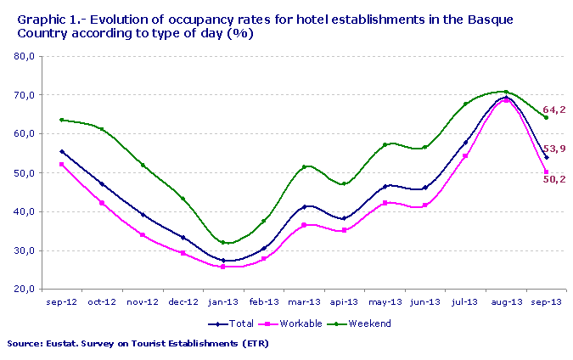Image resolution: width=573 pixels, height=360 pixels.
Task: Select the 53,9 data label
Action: click(553, 149)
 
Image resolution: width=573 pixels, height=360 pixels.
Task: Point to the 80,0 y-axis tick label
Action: click(24, 56)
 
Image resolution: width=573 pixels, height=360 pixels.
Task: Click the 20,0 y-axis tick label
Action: click(24, 290)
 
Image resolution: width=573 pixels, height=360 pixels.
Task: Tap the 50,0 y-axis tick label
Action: click(24, 173)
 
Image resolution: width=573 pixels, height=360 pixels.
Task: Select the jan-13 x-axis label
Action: click(223, 301)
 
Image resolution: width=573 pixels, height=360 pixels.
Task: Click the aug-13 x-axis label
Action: click(505, 301)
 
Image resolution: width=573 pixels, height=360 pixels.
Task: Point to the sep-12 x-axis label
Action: click(62, 301)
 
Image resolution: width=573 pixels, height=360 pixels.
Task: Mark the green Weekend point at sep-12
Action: click(62, 120)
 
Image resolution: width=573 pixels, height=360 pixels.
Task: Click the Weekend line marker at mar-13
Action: click(304, 166)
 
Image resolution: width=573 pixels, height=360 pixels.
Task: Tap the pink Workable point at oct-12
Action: click(102, 203)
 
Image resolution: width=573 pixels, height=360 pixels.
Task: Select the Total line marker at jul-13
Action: click(465, 143)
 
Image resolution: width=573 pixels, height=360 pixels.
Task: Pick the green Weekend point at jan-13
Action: click(223, 242)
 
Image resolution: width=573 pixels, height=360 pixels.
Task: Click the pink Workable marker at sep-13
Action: click(546, 172)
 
